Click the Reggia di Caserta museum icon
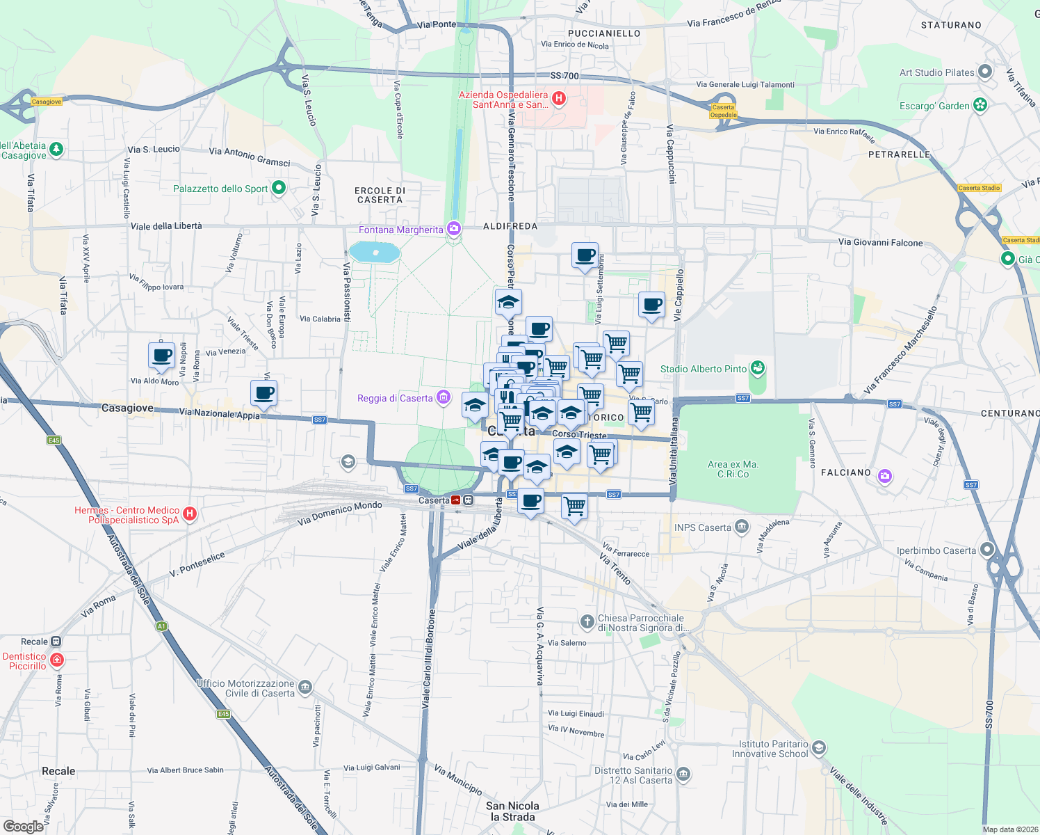pyautogui.click(x=444, y=398)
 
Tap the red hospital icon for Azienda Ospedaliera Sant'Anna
pyautogui.click(x=558, y=100)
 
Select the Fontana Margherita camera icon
pyautogui.click(x=454, y=229)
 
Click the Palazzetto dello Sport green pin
pyautogui.click(x=279, y=188)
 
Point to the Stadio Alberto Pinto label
pyautogui.click(x=703, y=369)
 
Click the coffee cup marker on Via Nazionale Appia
pyautogui.click(x=264, y=393)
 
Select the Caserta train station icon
pyautogui.click(x=456, y=500)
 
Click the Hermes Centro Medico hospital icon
pyautogui.click(x=189, y=515)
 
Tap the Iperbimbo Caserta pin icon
pyautogui.click(x=987, y=550)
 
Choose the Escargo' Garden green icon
pyautogui.click(x=980, y=106)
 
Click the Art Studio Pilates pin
pyautogui.click(x=985, y=72)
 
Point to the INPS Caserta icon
pyautogui.click(x=742, y=527)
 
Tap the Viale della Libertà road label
pyautogui.click(x=166, y=226)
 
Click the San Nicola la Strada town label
pyautogui.click(x=512, y=811)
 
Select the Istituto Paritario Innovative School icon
pyautogui.click(x=819, y=748)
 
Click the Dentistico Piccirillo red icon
pyautogui.click(x=57, y=660)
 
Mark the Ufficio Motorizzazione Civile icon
pyautogui.click(x=305, y=687)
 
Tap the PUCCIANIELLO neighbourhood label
pyautogui.click(x=604, y=33)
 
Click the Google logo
pyautogui.click(x=23, y=827)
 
